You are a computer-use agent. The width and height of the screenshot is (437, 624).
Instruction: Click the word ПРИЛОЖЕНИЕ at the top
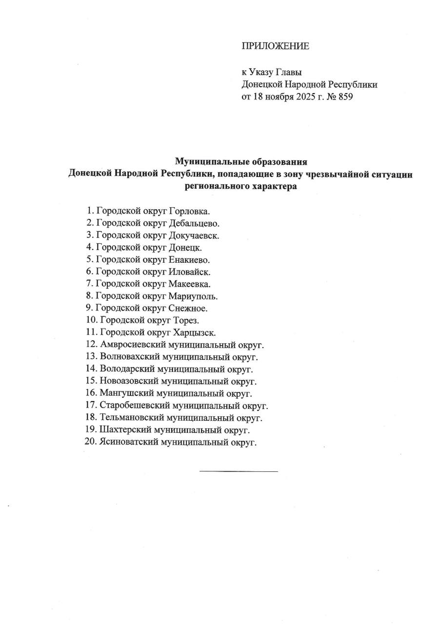tap(276, 46)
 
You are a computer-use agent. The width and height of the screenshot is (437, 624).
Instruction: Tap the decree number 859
tap(344, 97)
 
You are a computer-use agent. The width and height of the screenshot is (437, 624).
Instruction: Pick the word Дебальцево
tap(194, 223)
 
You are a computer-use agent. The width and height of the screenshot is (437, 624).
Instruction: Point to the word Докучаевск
tap(194, 235)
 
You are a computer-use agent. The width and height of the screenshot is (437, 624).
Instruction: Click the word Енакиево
tap(189, 260)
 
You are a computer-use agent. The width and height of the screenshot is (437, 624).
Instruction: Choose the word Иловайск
tap(189, 272)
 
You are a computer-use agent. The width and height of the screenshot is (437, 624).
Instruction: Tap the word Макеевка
tap(190, 284)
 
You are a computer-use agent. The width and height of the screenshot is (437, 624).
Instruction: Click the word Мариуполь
tap(193, 296)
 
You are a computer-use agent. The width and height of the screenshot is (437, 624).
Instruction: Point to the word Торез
tap(186, 320)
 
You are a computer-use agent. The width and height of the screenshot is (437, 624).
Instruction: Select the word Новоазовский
tap(129, 381)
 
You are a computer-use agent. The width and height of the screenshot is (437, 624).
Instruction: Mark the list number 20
tap(91, 442)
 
